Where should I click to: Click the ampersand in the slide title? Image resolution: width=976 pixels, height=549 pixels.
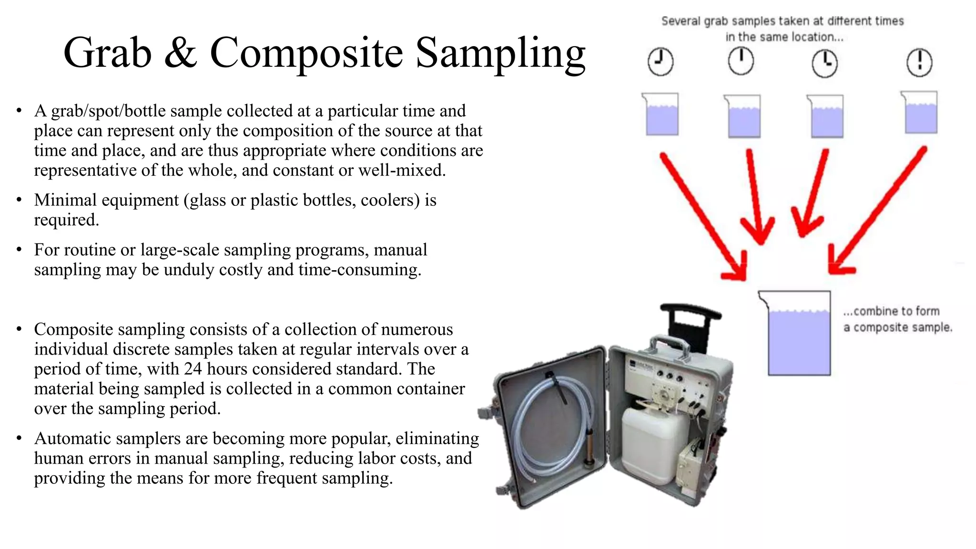180,53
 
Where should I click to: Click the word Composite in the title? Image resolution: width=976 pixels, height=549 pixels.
306,53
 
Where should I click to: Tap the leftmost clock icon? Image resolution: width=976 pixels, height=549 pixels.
661,62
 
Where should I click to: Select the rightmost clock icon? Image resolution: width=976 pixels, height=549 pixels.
919,62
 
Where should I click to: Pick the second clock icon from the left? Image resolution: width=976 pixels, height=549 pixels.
741,61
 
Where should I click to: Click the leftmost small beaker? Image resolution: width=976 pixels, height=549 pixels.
661,114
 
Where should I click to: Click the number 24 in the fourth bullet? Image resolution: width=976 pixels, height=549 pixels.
193,369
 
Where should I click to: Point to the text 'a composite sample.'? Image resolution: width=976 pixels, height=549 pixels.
898,328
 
